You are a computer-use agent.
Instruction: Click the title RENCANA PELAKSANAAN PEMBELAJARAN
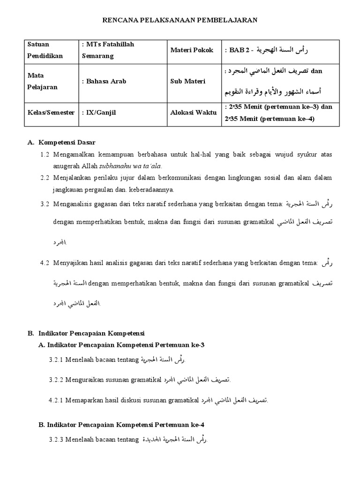(x=180, y=20)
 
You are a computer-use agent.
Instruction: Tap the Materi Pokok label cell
(x=191, y=50)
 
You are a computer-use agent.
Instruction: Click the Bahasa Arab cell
(x=106, y=81)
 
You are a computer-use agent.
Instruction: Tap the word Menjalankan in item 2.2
(x=74, y=178)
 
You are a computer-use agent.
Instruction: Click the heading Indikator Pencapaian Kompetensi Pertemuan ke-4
(x=121, y=425)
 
